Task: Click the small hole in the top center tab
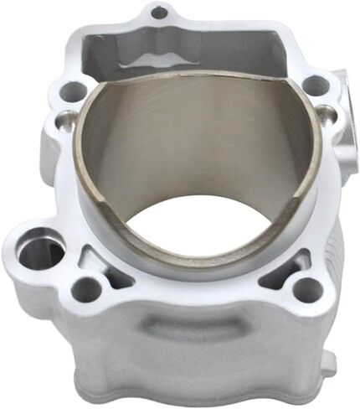click(159, 13)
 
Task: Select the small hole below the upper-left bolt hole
click(62, 122)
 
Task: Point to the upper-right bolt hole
click(315, 85)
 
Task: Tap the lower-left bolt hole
click(86, 290)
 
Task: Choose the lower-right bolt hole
click(307, 289)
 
